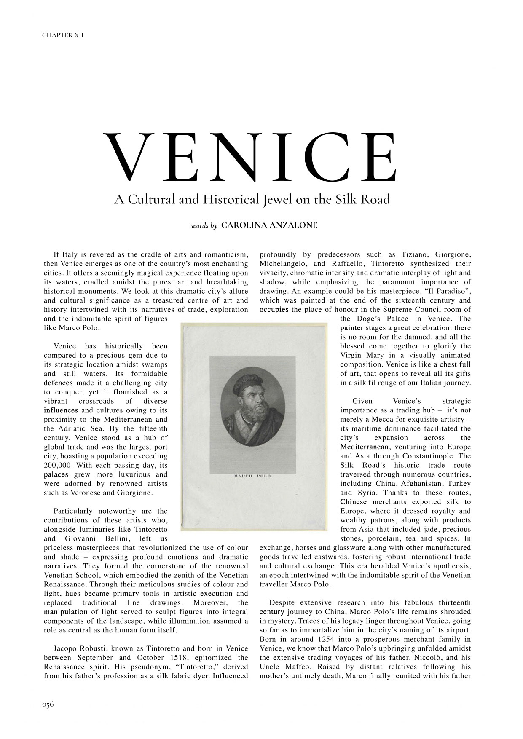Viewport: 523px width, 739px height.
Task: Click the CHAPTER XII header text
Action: pyautogui.click(x=62, y=35)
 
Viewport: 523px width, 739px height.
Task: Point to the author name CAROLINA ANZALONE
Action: pyautogui.click(x=269, y=225)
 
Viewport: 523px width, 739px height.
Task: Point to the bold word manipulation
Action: pyautogui.click(x=66, y=612)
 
